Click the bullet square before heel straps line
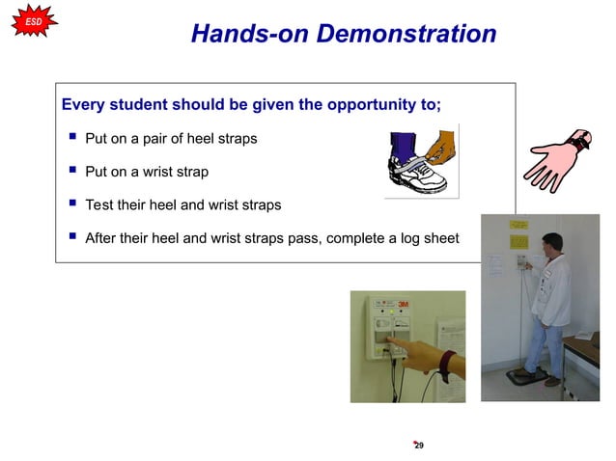[71, 138]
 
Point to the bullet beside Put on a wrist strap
[71, 172]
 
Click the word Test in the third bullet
[99, 205]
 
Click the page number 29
[419, 446]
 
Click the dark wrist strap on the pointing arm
[445, 366]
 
